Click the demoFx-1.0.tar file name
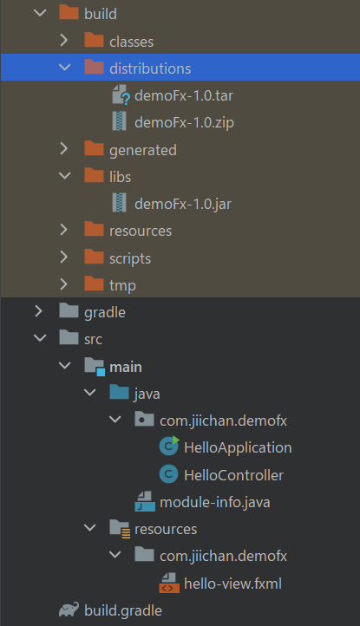pos(184,96)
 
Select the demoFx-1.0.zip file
pos(184,122)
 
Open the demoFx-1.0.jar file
pos(183,204)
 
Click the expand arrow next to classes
pos(64,40)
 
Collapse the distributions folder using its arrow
pos(65,67)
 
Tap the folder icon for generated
pos(95,148)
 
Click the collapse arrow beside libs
pos(65,176)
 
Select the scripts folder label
pos(130,258)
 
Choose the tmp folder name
pos(122,286)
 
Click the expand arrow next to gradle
pos(39,311)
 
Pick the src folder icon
pos(69,337)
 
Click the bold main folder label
pos(126,367)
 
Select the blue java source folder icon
pos(119,392)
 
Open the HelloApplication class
pos(238,448)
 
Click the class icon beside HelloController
pos(168,474)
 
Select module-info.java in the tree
pos(215,502)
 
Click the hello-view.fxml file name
pos(233,584)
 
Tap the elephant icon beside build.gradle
pos(69,610)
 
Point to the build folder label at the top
pos(101,14)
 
